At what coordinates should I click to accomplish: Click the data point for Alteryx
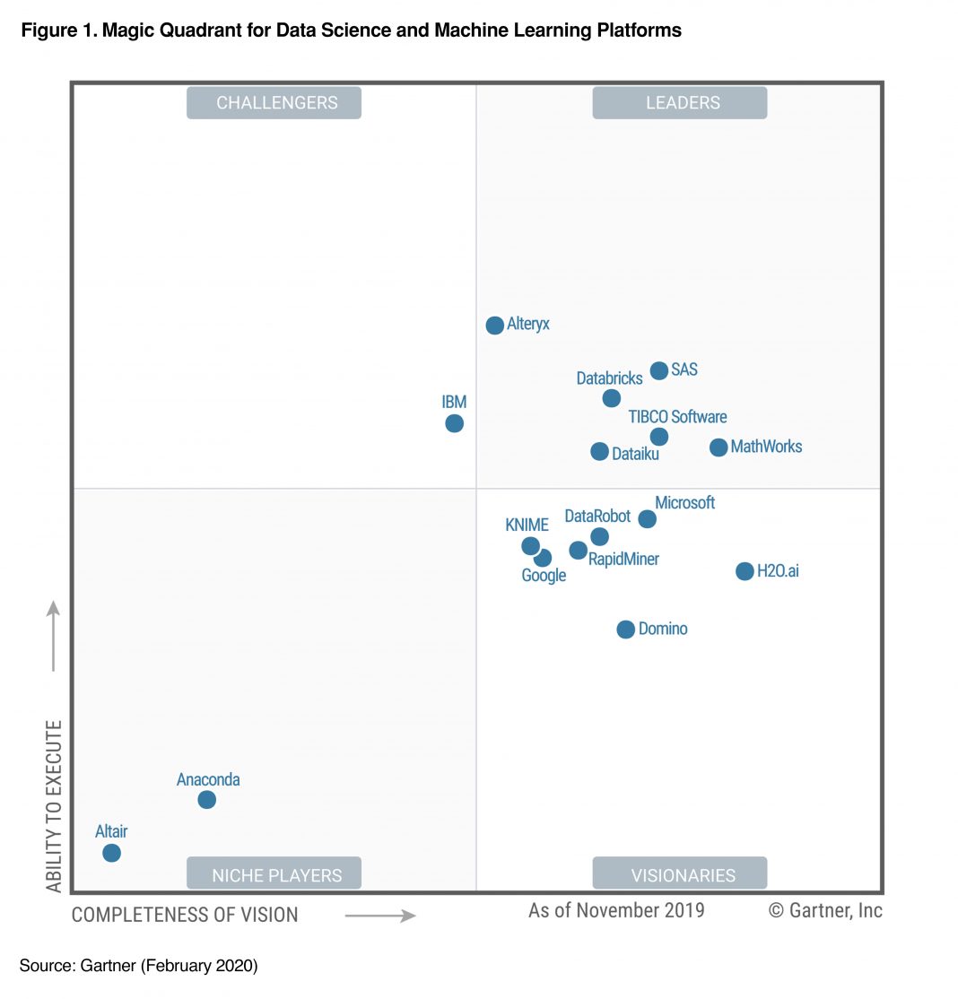pyautogui.click(x=494, y=326)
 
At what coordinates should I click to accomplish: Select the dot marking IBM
pyautogui.click(x=455, y=423)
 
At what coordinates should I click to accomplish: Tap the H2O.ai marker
pyautogui.click(x=745, y=571)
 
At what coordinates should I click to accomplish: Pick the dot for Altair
pyautogui.click(x=111, y=853)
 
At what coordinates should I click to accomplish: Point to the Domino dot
pyautogui.click(x=626, y=630)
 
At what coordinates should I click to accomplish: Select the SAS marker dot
pyautogui.click(x=659, y=370)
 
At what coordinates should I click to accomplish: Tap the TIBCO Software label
pyautogui.click(x=677, y=417)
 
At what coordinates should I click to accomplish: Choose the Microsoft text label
pyautogui.click(x=684, y=503)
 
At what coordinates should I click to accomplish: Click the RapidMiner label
pyautogui.click(x=623, y=560)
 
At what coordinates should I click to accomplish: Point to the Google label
pyautogui.click(x=544, y=576)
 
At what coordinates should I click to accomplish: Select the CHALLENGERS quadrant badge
pyautogui.click(x=274, y=103)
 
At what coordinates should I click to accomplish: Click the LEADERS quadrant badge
pyautogui.click(x=680, y=103)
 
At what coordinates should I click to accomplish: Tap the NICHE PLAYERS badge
pyautogui.click(x=274, y=874)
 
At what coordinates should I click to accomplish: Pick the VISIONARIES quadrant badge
pyautogui.click(x=680, y=874)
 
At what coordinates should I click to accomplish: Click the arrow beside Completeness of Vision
pyautogui.click(x=380, y=916)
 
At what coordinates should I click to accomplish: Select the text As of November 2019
pyautogui.click(x=616, y=911)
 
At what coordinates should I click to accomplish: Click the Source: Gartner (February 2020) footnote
pyautogui.click(x=138, y=966)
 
